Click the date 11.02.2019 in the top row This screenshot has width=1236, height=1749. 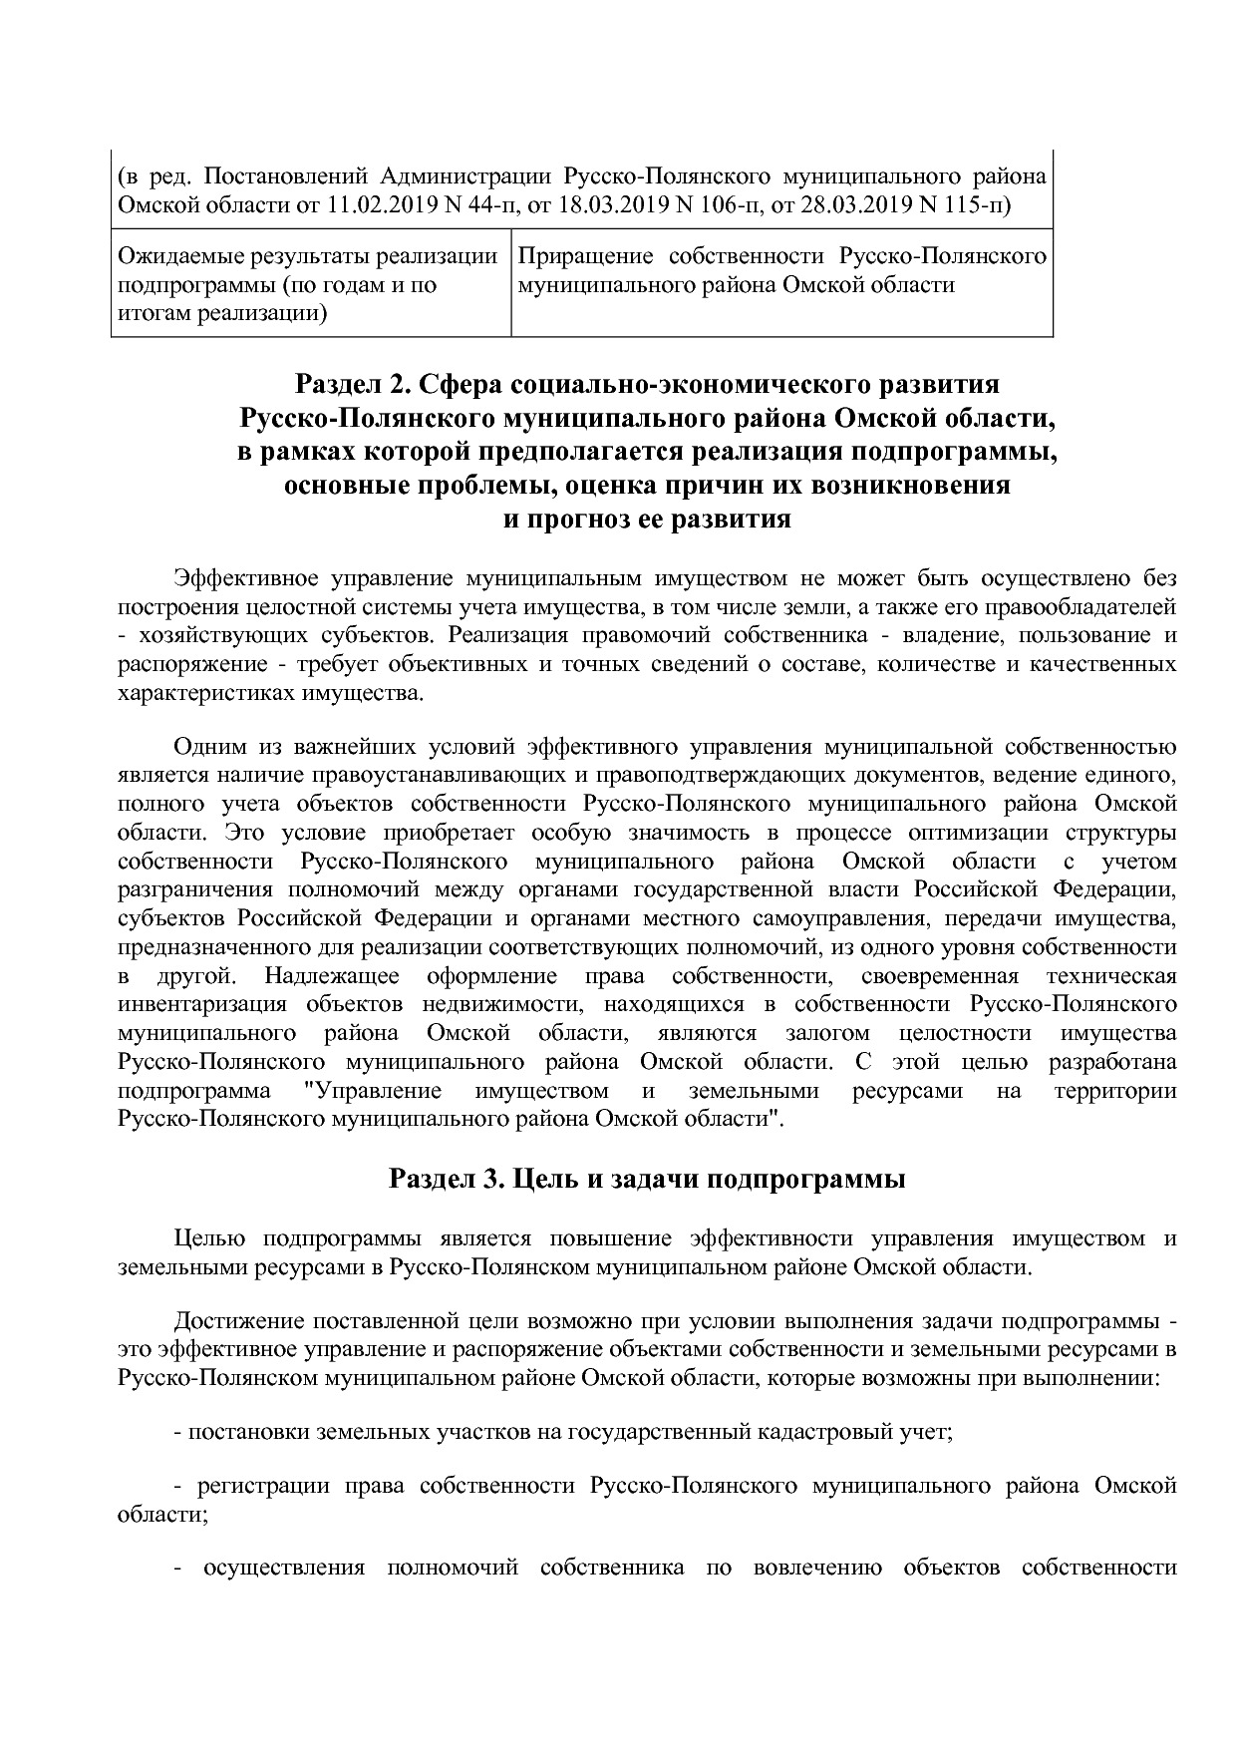pyautogui.click(x=371, y=206)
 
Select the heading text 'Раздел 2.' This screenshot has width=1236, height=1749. pyautogui.click(x=350, y=385)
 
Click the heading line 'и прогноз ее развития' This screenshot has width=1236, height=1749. pyautogui.click(x=647, y=521)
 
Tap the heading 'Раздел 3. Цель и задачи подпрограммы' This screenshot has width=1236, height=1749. pyautogui.click(x=647, y=1180)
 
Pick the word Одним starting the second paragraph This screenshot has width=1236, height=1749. pyautogui.click(x=206, y=747)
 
